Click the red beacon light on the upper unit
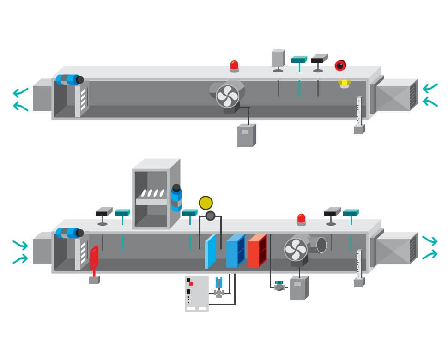pos(234,66)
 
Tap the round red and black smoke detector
pos(340,66)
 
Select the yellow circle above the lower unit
pos(206,203)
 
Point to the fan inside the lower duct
pos(296,249)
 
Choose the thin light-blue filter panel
pos(210,252)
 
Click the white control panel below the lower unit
pos(196,293)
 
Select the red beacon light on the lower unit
pos(301,219)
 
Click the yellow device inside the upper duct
pos(344,84)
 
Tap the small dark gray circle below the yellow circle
pos(211,216)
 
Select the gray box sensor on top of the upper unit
pos(278,59)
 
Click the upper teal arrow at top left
pos(20,92)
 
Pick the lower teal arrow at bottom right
pos(430,253)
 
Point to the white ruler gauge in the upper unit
pos(359,111)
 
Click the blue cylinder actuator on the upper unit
pos(69,79)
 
